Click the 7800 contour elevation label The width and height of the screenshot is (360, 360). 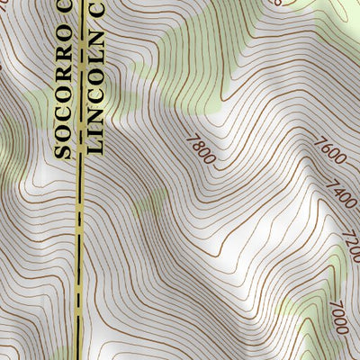coord(202,148)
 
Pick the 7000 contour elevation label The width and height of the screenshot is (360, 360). coord(338,317)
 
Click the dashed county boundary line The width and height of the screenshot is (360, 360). coord(80,270)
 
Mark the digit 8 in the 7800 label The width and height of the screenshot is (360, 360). coord(200,146)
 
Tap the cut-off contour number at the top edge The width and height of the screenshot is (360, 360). coord(275,3)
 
